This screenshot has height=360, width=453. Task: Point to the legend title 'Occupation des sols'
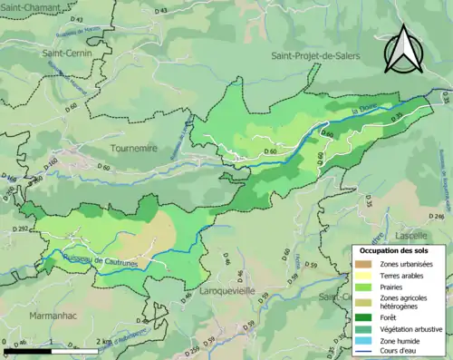click(395, 249)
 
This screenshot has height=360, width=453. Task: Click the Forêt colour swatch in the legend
click(363, 316)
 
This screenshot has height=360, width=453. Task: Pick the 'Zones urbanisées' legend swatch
click(363, 264)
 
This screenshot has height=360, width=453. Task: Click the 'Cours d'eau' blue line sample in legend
click(363, 351)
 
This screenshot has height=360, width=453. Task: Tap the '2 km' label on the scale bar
click(104, 342)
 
